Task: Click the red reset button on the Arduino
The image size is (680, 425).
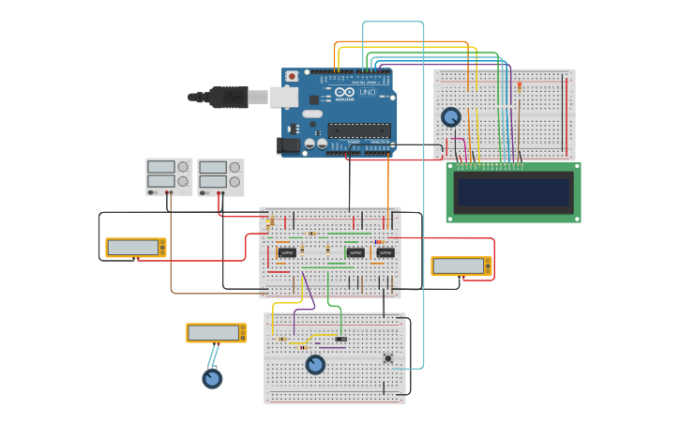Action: click(292, 76)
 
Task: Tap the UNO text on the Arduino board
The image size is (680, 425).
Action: click(367, 92)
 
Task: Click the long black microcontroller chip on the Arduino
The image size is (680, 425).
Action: click(359, 130)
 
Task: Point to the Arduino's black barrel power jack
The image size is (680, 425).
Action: click(288, 145)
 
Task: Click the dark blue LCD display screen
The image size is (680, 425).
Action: click(513, 192)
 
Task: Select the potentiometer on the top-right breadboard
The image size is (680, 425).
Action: click(451, 117)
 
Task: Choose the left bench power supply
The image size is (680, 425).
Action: click(169, 176)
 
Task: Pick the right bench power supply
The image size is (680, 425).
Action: click(220, 176)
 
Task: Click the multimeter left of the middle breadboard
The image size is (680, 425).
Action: click(136, 248)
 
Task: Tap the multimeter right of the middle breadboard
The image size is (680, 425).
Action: click(461, 266)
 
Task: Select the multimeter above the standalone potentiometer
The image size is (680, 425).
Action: click(217, 333)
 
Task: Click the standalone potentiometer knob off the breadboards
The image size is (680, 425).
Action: click(213, 378)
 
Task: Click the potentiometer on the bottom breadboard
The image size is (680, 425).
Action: click(315, 364)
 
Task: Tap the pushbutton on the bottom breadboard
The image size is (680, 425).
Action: click(387, 357)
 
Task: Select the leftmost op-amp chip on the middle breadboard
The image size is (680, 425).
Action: click(287, 252)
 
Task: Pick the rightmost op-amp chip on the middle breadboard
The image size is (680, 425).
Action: click(385, 252)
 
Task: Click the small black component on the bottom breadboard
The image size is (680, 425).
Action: click(340, 339)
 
